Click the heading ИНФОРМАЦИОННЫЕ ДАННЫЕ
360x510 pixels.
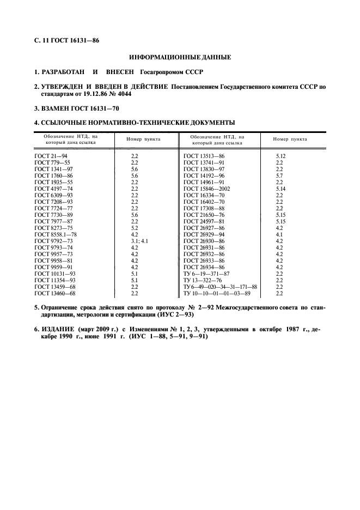coord(180,57)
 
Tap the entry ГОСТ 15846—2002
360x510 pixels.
coord(207,189)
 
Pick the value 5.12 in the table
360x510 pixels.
coord(280,156)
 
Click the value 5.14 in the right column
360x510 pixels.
coord(280,189)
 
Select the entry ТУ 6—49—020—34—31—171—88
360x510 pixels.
coord(220,287)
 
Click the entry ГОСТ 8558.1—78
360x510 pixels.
coord(56,234)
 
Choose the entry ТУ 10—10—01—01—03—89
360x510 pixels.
coord(217,293)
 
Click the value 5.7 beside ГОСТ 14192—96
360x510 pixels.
coord(279,175)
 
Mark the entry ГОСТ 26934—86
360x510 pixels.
coord(204,267)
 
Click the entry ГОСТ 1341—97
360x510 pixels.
coord(52,169)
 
